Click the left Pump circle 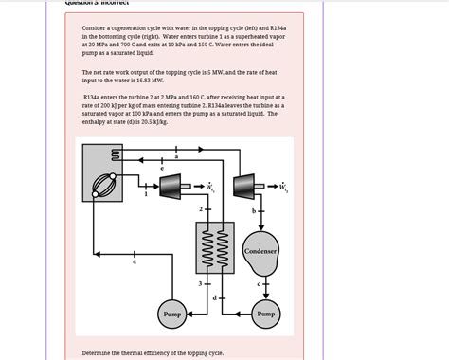(171, 314)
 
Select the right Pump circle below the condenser (265, 314)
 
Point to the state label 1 (146, 195)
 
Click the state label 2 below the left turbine (200, 208)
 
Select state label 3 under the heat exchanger (200, 283)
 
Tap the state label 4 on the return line (134, 262)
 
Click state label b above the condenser (253, 210)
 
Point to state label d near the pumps (216, 298)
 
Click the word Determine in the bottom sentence (99, 352)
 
